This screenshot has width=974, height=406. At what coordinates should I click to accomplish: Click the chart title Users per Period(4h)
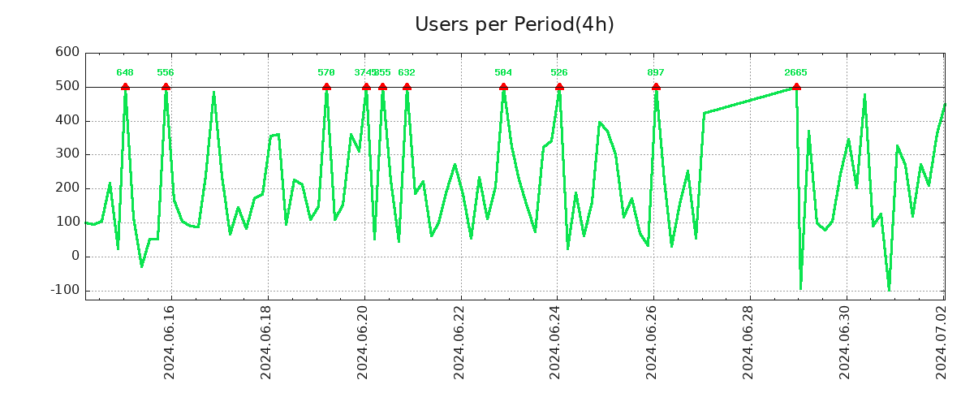[514, 24]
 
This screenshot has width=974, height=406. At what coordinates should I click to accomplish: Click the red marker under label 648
[125, 87]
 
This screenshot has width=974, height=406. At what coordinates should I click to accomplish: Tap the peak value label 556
[166, 73]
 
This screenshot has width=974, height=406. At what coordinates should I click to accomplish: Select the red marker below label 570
[326, 87]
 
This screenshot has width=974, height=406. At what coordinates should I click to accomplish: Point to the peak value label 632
[407, 73]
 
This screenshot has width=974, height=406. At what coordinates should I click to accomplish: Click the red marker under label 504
[503, 87]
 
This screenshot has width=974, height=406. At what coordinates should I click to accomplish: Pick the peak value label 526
[559, 73]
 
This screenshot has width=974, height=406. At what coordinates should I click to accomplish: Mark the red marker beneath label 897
[656, 87]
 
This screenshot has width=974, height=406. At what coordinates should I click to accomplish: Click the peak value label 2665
[795, 73]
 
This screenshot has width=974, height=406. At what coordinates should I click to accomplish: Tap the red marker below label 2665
[796, 87]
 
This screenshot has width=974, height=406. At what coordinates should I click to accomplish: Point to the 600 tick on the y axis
[67, 52]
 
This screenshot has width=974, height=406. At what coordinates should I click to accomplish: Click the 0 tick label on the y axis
[75, 256]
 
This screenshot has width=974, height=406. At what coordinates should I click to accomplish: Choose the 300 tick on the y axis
[67, 154]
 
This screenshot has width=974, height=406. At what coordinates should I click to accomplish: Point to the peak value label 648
[125, 73]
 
